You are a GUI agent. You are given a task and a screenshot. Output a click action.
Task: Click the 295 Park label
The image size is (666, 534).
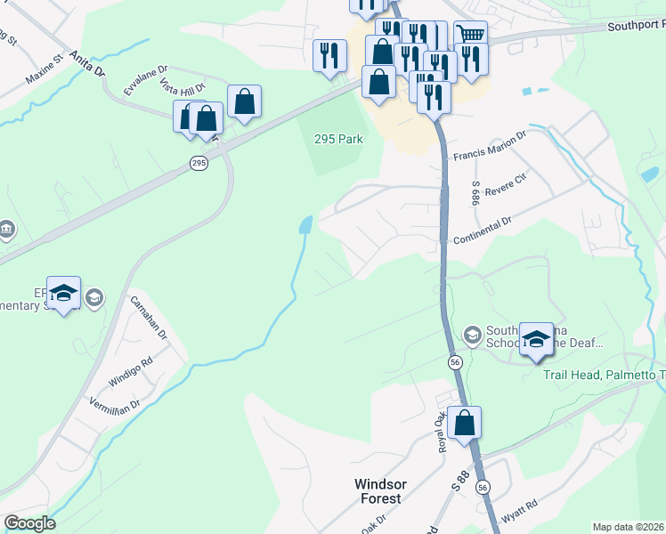339,139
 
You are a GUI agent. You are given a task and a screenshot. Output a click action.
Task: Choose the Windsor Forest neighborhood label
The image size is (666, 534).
381,490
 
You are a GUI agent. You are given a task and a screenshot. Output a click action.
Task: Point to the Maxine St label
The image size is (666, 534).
45,69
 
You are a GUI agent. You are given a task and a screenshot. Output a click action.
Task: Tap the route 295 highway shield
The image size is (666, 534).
199,163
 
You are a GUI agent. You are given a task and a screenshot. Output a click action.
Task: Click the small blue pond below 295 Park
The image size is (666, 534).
306,224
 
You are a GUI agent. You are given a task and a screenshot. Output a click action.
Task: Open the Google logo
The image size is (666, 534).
29,523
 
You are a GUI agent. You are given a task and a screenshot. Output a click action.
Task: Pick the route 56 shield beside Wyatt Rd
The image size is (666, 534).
483,488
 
